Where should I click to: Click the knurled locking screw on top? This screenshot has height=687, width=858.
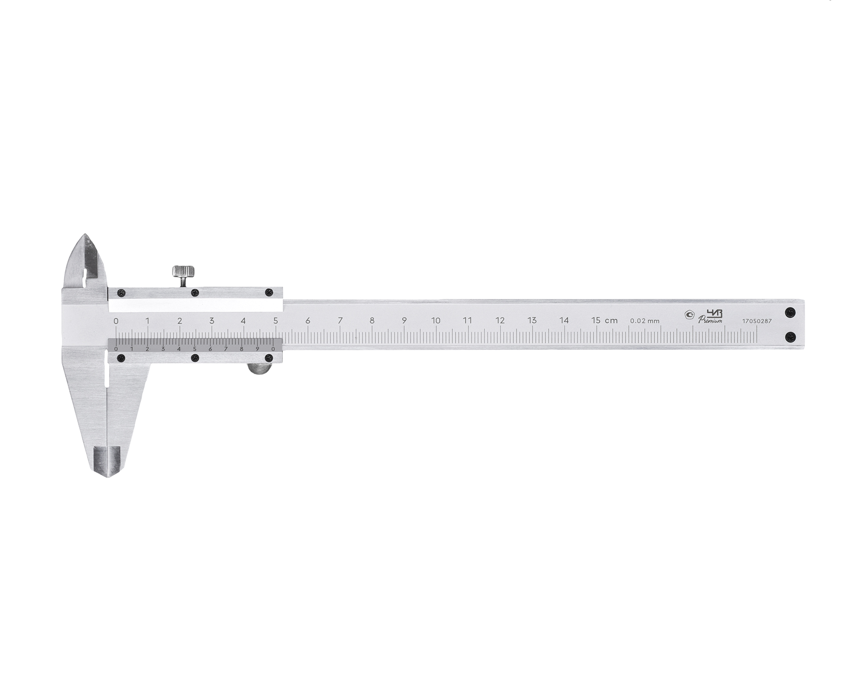pyautogui.click(x=183, y=271)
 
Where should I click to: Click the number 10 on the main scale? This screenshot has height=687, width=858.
pyautogui.click(x=436, y=320)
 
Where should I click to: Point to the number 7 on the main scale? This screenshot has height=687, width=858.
pyautogui.click(x=340, y=320)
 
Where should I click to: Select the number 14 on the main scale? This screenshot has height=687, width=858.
pyautogui.click(x=564, y=320)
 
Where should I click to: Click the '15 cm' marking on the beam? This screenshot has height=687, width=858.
pyautogui.click(x=604, y=320)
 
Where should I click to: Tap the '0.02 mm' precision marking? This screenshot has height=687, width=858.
pyautogui.click(x=644, y=321)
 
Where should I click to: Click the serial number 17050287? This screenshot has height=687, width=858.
pyautogui.click(x=757, y=321)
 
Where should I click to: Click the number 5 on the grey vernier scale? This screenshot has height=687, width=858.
pyautogui.click(x=194, y=349)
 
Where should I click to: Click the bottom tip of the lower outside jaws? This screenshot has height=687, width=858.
pyautogui.click(x=107, y=475)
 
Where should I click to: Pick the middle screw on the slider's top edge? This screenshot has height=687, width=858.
pyautogui.click(x=194, y=293)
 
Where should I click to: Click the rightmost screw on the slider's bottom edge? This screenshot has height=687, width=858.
pyautogui.click(x=269, y=358)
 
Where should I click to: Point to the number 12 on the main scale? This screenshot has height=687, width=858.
pyautogui.click(x=500, y=320)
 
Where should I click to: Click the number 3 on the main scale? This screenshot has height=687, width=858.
pyautogui.click(x=212, y=320)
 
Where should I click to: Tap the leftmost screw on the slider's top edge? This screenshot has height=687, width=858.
pyautogui.click(x=121, y=293)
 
